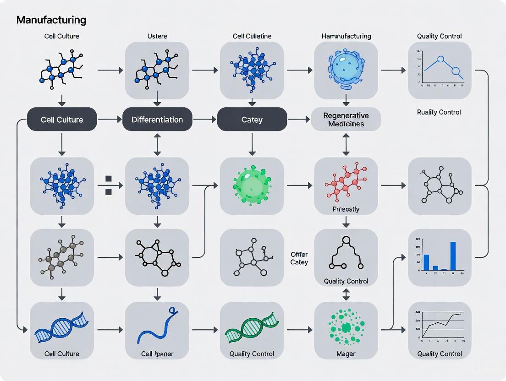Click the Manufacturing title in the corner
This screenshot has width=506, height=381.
click(x=51, y=20)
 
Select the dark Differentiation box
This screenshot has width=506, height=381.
click(x=157, y=120)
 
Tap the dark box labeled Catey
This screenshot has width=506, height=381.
click(x=252, y=120)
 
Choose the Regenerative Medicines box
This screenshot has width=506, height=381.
click(x=346, y=120)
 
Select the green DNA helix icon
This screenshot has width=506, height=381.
click(x=252, y=328)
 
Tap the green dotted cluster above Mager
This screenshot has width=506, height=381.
click(x=346, y=327)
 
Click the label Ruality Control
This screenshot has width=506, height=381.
click(x=439, y=112)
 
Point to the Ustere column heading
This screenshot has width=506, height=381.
click(x=157, y=36)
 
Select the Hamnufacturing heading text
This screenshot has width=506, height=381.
click(x=346, y=36)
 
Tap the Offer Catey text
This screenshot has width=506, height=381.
click(x=299, y=258)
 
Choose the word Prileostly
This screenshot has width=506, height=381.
click(x=346, y=209)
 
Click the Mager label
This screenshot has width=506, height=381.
click(x=346, y=354)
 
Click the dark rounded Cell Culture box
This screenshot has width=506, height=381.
click(x=62, y=120)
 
